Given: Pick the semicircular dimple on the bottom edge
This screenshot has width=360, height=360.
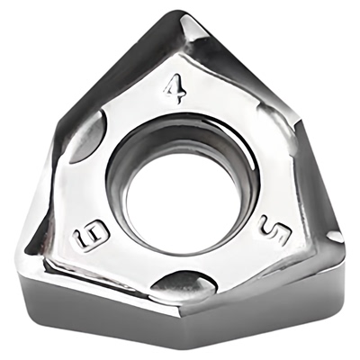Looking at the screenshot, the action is pos(184,283).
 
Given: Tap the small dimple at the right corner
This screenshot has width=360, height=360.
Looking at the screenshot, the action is pos(334,237).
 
